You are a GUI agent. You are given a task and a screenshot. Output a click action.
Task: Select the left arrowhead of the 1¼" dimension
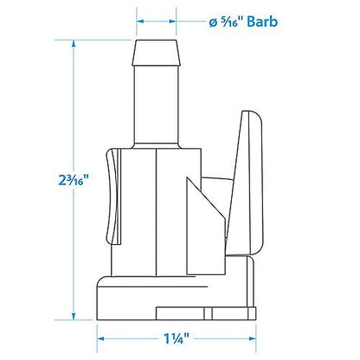[100, 339]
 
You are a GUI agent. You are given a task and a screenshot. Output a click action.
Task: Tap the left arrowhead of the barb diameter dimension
[138, 23]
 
